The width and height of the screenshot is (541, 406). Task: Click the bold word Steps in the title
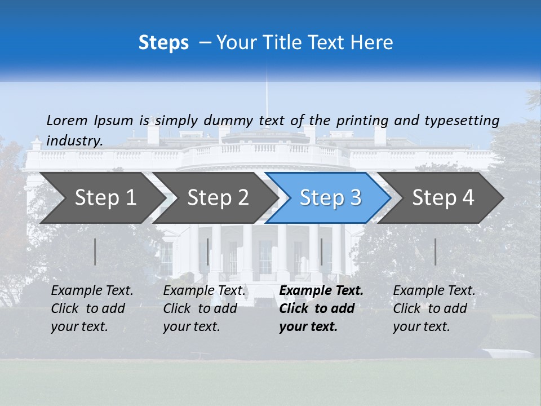[163, 43]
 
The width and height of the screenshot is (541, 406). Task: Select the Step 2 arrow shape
[218, 198]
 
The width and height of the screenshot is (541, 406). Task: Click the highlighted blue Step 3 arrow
[330, 198]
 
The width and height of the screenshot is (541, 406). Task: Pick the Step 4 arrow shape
[443, 198]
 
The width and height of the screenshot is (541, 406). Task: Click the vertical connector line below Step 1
[95, 251]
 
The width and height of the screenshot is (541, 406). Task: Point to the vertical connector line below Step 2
[208, 251]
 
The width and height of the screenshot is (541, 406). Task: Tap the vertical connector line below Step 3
[322, 251]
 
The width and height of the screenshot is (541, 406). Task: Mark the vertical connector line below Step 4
[435, 251]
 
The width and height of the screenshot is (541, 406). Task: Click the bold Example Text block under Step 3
[321, 308]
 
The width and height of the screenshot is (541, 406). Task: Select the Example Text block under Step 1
[92, 308]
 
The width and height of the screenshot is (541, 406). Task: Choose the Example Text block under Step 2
[204, 308]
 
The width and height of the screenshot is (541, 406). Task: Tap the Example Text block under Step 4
[434, 308]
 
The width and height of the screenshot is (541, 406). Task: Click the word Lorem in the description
[66, 120]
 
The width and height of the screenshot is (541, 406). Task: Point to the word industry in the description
[74, 141]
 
